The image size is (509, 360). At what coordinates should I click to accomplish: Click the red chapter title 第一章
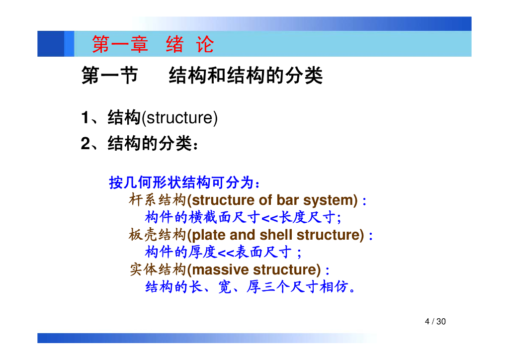tap(120, 44)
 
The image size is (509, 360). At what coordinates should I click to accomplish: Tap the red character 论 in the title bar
tap(205, 44)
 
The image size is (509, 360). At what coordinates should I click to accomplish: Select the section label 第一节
tap(110, 75)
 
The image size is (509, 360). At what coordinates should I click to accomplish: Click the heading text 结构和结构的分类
tap(246, 75)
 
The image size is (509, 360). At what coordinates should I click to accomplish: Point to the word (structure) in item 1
tap(179, 117)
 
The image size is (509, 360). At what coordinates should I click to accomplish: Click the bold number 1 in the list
tap(85, 117)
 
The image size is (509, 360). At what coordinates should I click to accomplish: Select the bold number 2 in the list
tap(85, 143)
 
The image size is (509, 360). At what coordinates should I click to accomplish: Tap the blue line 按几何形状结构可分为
tap(184, 182)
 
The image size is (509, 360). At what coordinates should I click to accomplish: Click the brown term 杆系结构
tap(158, 200)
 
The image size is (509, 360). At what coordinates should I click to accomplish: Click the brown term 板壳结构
tap(158, 235)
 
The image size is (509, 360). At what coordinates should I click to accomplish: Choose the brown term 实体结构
tap(158, 270)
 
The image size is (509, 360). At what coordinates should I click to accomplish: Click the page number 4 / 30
tap(435, 321)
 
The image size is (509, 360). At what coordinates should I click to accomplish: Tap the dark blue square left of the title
tap(51, 44)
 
